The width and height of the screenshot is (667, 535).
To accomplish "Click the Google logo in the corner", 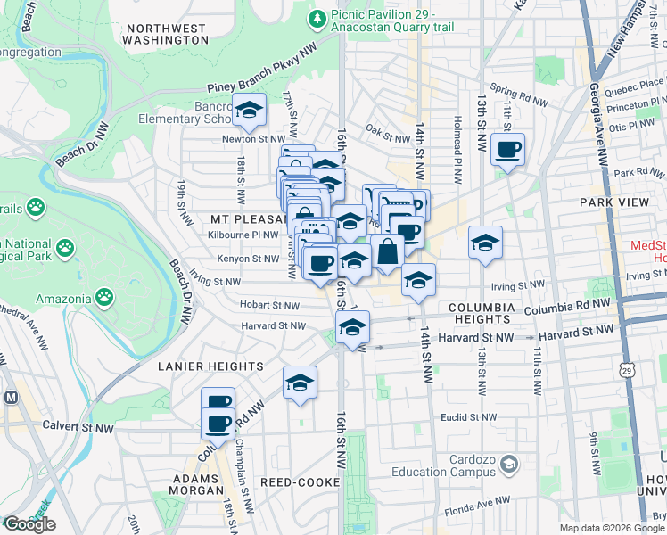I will click(29, 524).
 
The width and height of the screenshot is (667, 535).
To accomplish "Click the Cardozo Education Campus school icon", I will click(508, 465).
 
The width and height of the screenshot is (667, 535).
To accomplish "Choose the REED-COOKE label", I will click(300, 482).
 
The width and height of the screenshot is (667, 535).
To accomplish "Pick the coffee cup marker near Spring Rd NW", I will click(507, 149).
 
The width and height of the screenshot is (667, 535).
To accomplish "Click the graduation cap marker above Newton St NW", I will click(250, 110).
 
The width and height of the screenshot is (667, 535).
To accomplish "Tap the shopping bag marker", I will click(387, 251).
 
